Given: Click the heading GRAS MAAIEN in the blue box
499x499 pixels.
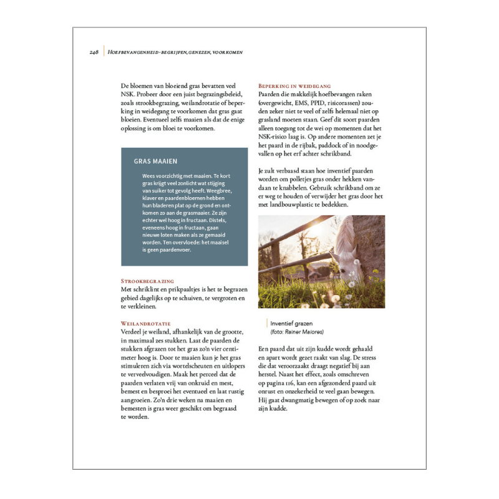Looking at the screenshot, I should (155, 161).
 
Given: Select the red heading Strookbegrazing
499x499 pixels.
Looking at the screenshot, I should (147, 281).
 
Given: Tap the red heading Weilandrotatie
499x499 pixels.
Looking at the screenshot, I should (145, 324).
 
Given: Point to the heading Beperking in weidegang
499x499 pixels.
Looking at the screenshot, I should (294, 85).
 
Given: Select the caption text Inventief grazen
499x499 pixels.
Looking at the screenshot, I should (291, 323).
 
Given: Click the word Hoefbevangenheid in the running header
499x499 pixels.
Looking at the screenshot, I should (132, 52).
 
